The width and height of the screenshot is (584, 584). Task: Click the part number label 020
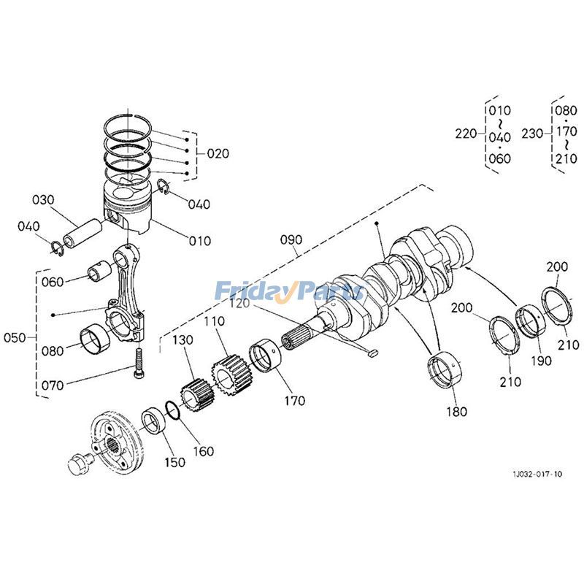[x=218, y=153]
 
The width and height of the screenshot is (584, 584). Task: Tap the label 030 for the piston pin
[x=43, y=200]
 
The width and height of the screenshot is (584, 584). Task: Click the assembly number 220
[x=466, y=134]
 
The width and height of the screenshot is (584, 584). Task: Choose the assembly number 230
[x=532, y=134]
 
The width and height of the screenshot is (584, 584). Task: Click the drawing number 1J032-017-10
[x=537, y=474]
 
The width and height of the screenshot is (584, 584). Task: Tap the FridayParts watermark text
[x=289, y=292]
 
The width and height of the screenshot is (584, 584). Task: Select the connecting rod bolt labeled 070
[x=138, y=362]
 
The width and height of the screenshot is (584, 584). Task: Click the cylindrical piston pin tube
[x=80, y=233]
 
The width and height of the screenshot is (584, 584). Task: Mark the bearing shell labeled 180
[x=443, y=367]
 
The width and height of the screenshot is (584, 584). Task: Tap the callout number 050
[x=15, y=338]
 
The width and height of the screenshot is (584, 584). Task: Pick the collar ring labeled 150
[x=155, y=420]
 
